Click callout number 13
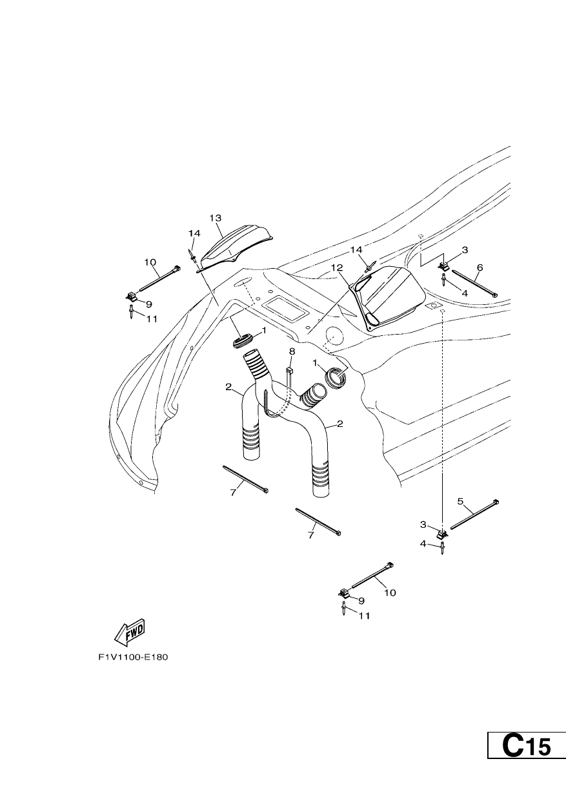click(216, 218)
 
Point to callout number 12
click(337, 267)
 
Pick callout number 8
click(292, 351)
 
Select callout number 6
click(480, 267)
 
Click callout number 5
click(460, 501)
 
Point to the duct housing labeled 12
click(387, 298)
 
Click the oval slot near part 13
click(243, 282)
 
